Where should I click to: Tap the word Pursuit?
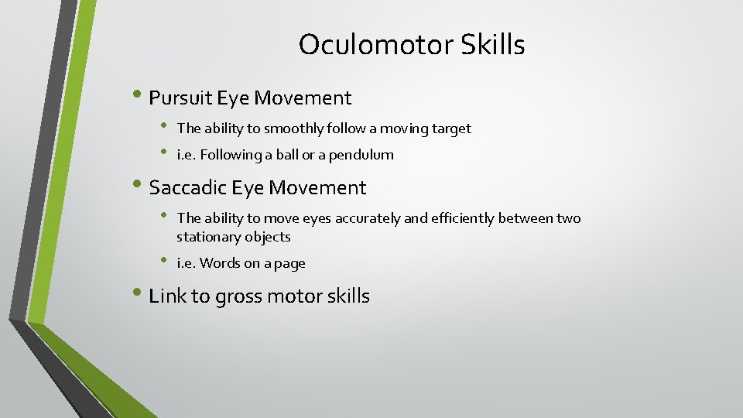coord(180,98)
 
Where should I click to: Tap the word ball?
coord(294,155)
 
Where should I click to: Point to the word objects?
coord(268,237)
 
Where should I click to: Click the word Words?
coord(220,263)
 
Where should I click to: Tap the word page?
coord(289,264)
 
